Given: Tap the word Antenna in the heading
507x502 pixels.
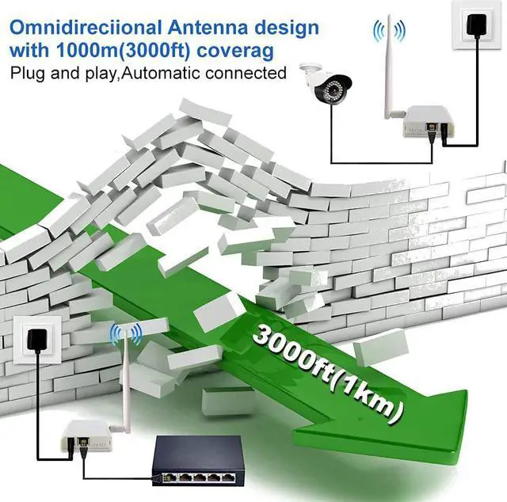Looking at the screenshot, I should (x=203, y=27).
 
